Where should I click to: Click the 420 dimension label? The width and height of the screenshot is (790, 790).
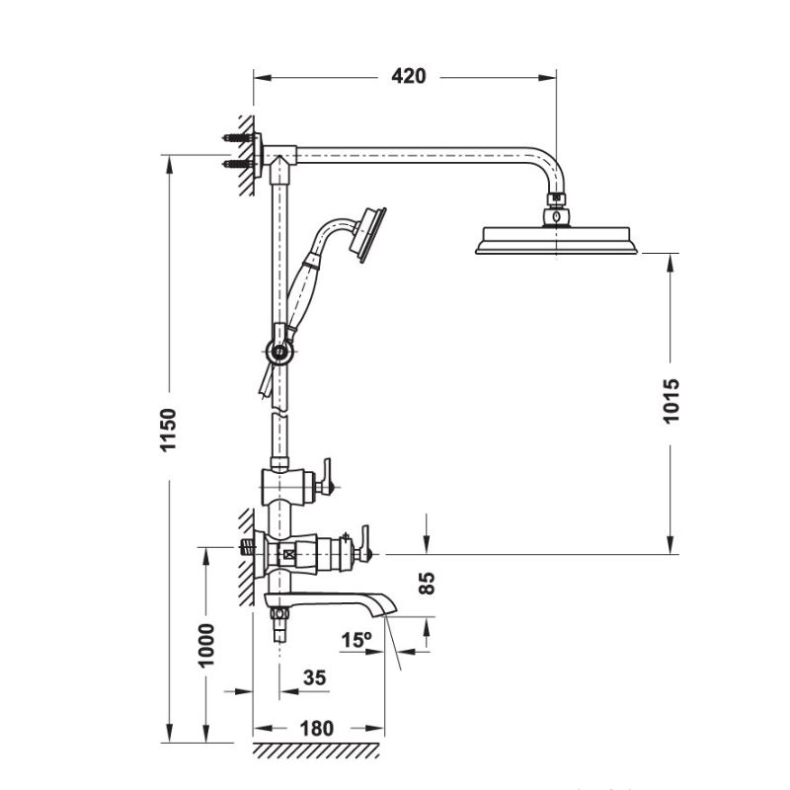[x=408, y=76]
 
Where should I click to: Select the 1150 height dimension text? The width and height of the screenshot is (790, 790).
[x=169, y=431]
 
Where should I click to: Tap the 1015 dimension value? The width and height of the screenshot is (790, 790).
[x=671, y=400]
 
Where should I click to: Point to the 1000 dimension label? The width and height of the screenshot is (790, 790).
[x=206, y=644]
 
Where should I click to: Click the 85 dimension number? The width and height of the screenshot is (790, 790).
[x=427, y=583]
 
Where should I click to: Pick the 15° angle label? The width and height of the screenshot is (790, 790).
[x=355, y=639]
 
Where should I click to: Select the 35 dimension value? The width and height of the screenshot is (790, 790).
[x=314, y=677]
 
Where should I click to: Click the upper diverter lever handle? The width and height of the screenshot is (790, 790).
[x=325, y=479]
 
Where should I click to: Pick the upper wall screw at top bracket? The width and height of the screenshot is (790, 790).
[x=237, y=138]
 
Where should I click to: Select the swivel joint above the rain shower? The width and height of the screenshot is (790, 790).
[x=558, y=210]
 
